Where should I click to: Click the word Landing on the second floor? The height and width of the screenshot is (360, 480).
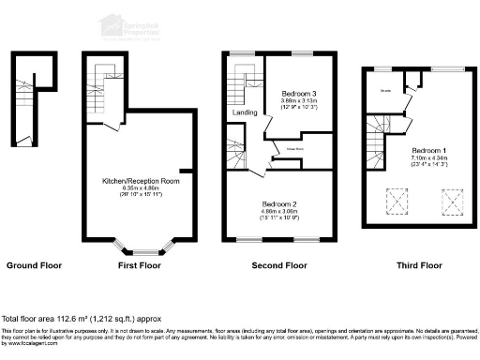pos(245,113)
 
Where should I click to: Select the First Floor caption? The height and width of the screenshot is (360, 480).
pos(136,266)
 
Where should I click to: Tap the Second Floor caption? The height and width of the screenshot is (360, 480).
pos(279,266)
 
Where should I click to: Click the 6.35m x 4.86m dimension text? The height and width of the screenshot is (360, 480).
pos(136,188)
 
